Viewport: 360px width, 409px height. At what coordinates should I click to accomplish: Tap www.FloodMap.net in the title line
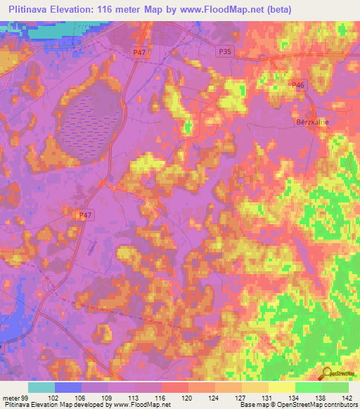click(221, 10)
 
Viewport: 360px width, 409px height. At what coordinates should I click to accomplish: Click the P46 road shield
click(299, 85)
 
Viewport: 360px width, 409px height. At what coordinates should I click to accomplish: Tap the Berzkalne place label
click(312, 120)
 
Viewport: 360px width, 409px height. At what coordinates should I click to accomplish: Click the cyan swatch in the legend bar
click(41, 387)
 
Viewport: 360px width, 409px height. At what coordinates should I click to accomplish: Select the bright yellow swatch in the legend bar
click(282, 387)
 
